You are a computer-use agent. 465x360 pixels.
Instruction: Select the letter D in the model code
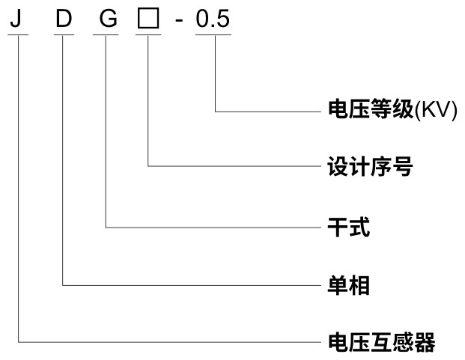click(x=64, y=18)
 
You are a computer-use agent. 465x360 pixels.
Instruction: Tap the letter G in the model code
click(x=109, y=18)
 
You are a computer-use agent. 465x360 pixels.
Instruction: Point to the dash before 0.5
click(x=178, y=20)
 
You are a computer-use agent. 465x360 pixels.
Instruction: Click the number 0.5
click(x=213, y=18)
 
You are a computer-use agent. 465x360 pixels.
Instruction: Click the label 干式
click(x=350, y=228)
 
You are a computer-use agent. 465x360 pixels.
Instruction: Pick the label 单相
click(x=350, y=285)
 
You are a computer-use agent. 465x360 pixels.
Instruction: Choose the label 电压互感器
click(x=382, y=343)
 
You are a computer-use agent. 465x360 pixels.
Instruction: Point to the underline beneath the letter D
click(x=64, y=34)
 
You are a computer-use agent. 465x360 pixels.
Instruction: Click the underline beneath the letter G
click(x=109, y=34)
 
